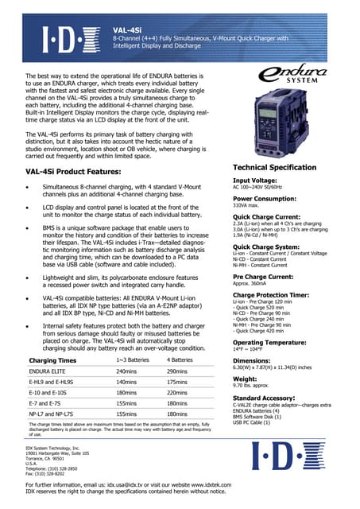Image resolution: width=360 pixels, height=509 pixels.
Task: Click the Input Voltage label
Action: click(x=254, y=181)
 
